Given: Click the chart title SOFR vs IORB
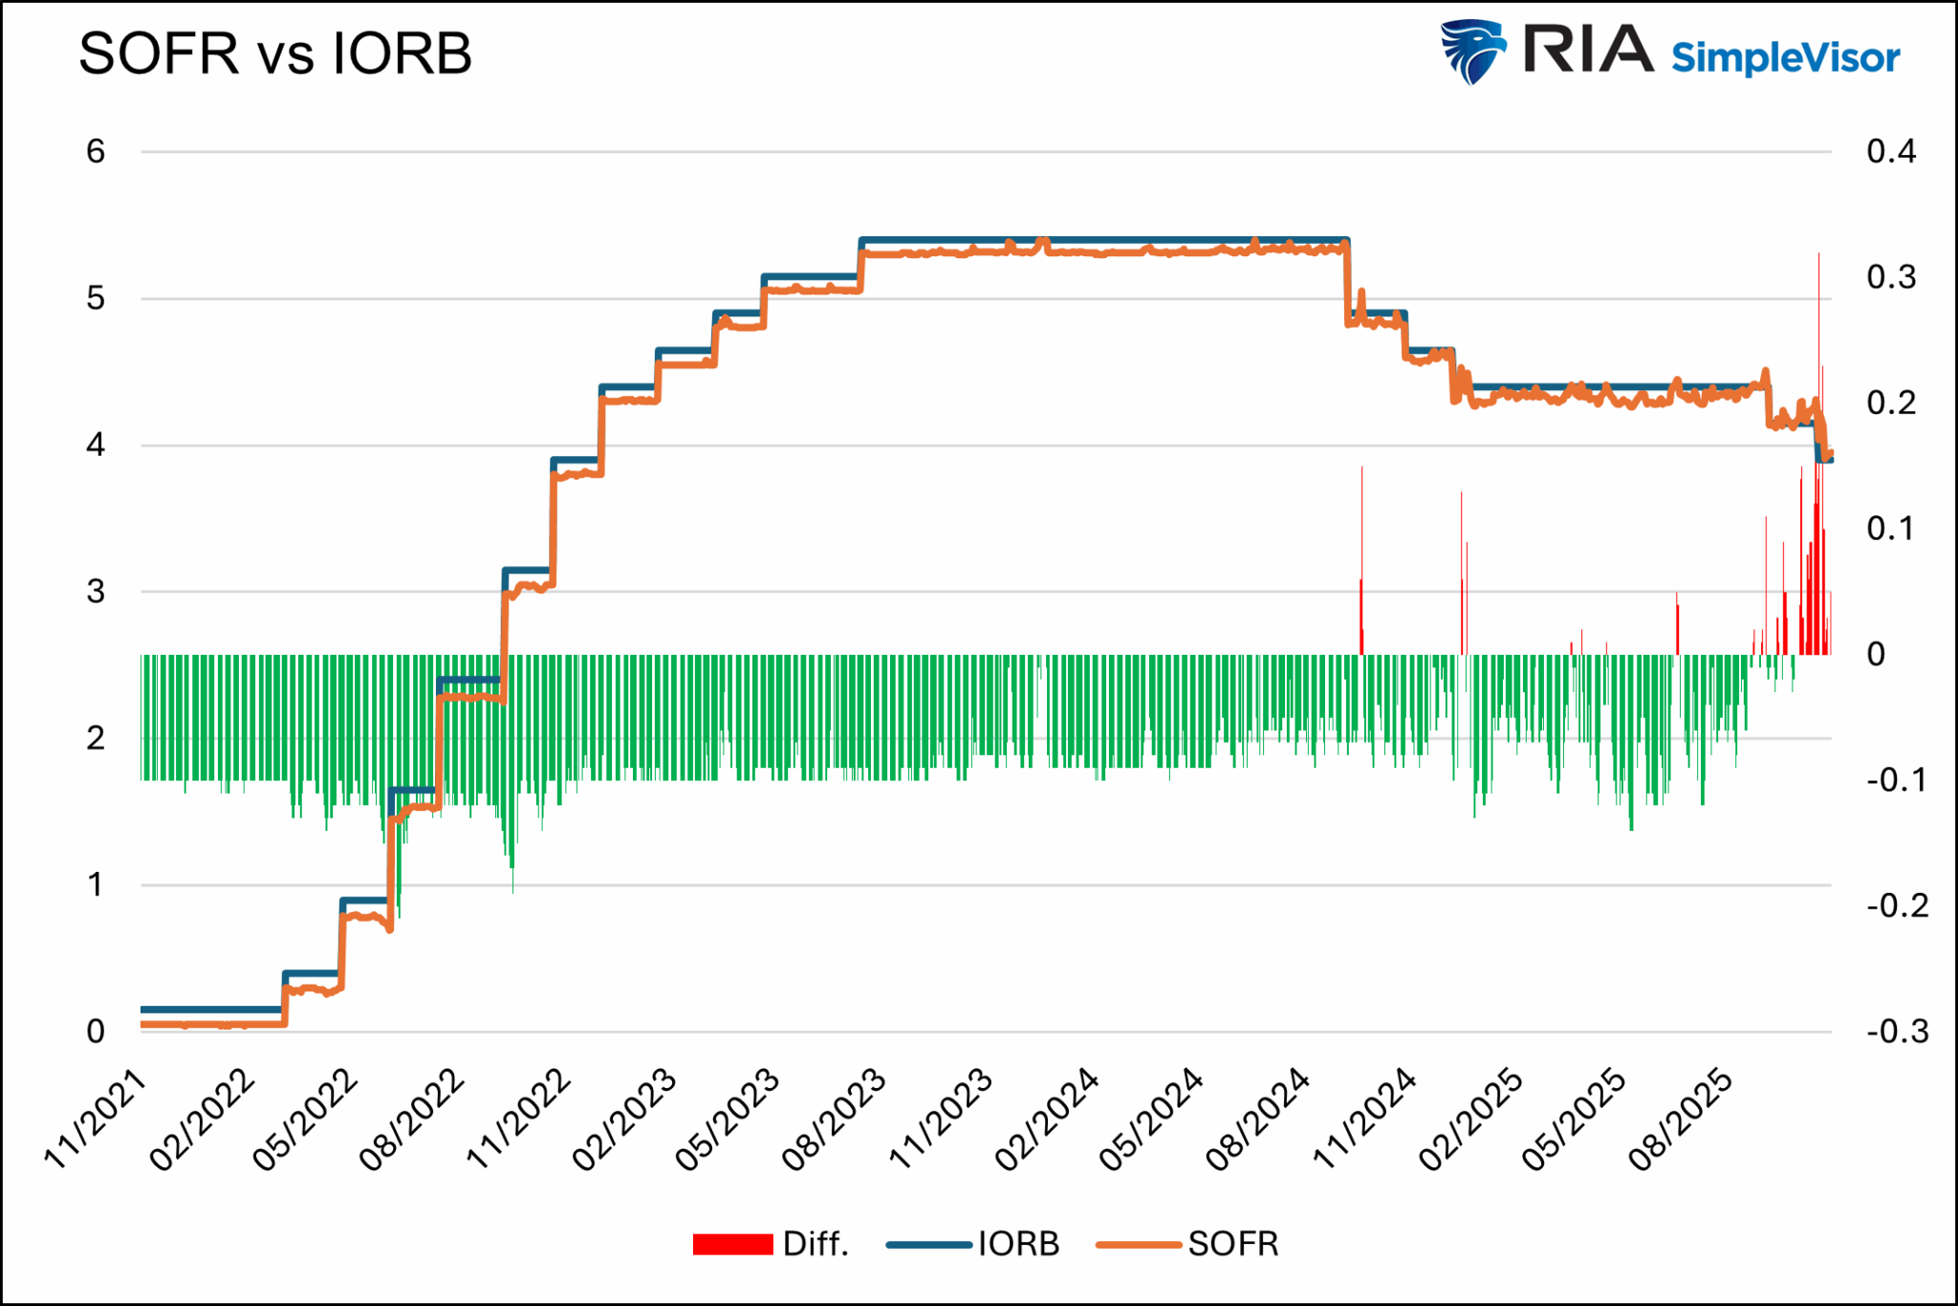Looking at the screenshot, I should click(275, 54).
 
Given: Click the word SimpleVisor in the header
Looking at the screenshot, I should click(1785, 58).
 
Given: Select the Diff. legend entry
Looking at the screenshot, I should click(815, 1244).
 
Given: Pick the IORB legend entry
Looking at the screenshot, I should click(1018, 1244).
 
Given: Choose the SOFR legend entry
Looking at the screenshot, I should click(1232, 1244).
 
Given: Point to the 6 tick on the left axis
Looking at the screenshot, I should click(96, 152).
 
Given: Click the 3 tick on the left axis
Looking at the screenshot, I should click(96, 592).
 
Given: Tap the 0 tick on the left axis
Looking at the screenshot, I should click(96, 1032).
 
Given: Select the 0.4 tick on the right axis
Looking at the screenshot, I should click(1891, 152).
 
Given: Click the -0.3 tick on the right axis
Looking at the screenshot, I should click(1897, 1032).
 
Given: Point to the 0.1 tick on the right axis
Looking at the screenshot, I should click(1891, 529).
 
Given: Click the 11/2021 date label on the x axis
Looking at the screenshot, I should click(96, 1120).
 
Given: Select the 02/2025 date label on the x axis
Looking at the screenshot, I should click(1469, 1120).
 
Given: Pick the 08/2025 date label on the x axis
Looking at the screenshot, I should click(1680, 1120).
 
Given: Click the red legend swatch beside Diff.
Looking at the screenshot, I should click(732, 1244).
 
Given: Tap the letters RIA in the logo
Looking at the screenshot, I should click(1587, 50).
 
